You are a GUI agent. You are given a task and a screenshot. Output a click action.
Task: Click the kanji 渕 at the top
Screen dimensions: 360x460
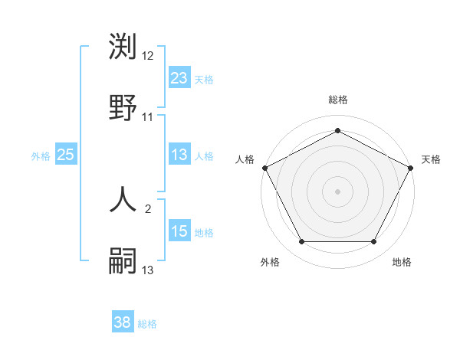(x=123, y=49)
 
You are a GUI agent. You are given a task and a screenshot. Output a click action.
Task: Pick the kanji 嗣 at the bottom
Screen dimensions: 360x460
(x=123, y=260)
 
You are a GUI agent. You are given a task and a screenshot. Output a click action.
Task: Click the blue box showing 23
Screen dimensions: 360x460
(x=179, y=78)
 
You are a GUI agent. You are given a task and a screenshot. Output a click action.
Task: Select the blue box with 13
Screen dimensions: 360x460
(x=179, y=155)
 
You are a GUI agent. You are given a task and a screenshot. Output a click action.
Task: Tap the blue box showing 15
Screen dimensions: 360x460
(x=179, y=231)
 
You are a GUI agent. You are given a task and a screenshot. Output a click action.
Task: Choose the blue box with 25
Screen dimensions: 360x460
(x=65, y=155)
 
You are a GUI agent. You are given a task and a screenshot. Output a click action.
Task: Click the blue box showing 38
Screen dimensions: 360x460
(x=123, y=322)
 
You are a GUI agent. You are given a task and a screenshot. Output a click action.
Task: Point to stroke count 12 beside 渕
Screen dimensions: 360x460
(x=148, y=57)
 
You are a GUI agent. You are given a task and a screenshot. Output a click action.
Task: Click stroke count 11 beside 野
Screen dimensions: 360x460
(x=148, y=116)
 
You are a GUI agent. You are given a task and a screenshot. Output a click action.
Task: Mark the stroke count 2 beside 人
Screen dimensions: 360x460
(x=148, y=208)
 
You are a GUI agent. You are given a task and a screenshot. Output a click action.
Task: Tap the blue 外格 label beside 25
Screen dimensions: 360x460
(x=41, y=156)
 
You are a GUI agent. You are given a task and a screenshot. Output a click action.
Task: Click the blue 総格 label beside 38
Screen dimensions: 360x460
(x=147, y=323)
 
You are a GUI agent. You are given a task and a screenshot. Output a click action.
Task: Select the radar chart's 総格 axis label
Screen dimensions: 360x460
(x=337, y=100)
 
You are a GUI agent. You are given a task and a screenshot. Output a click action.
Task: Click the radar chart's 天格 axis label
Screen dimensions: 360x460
(x=432, y=159)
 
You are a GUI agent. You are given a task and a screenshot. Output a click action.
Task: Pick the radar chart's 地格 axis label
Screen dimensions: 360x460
(x=402, y=262)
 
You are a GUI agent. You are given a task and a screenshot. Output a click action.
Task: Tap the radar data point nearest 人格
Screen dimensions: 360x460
(x=264, y=167)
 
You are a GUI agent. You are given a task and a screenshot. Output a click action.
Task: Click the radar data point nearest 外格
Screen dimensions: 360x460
(x=301, y=242)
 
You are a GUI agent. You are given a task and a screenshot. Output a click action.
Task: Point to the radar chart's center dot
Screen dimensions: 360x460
(x=337, y=191)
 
